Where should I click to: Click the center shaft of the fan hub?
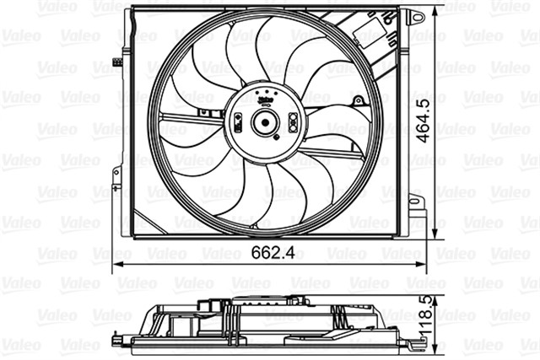coord(264,124)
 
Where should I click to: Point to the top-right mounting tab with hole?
coord(413,16)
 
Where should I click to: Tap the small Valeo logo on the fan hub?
coord(264,96)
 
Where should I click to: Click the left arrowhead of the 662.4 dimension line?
coord(118,264)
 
